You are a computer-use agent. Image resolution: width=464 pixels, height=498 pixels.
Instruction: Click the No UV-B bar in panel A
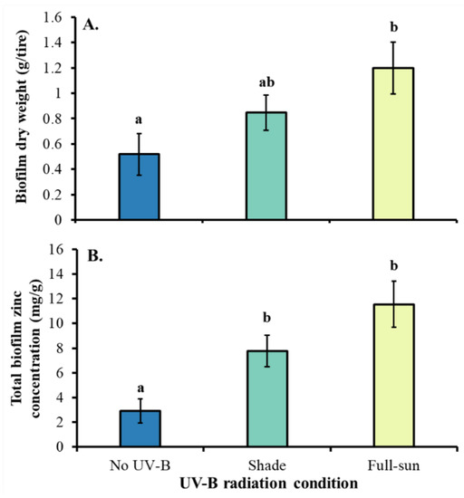point(135,187)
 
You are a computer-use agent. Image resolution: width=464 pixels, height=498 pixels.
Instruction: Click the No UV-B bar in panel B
point(135,428)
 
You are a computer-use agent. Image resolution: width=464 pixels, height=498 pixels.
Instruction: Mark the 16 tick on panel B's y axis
point(56,250)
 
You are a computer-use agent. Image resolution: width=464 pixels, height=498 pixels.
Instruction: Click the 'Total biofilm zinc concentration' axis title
point(22,349)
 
